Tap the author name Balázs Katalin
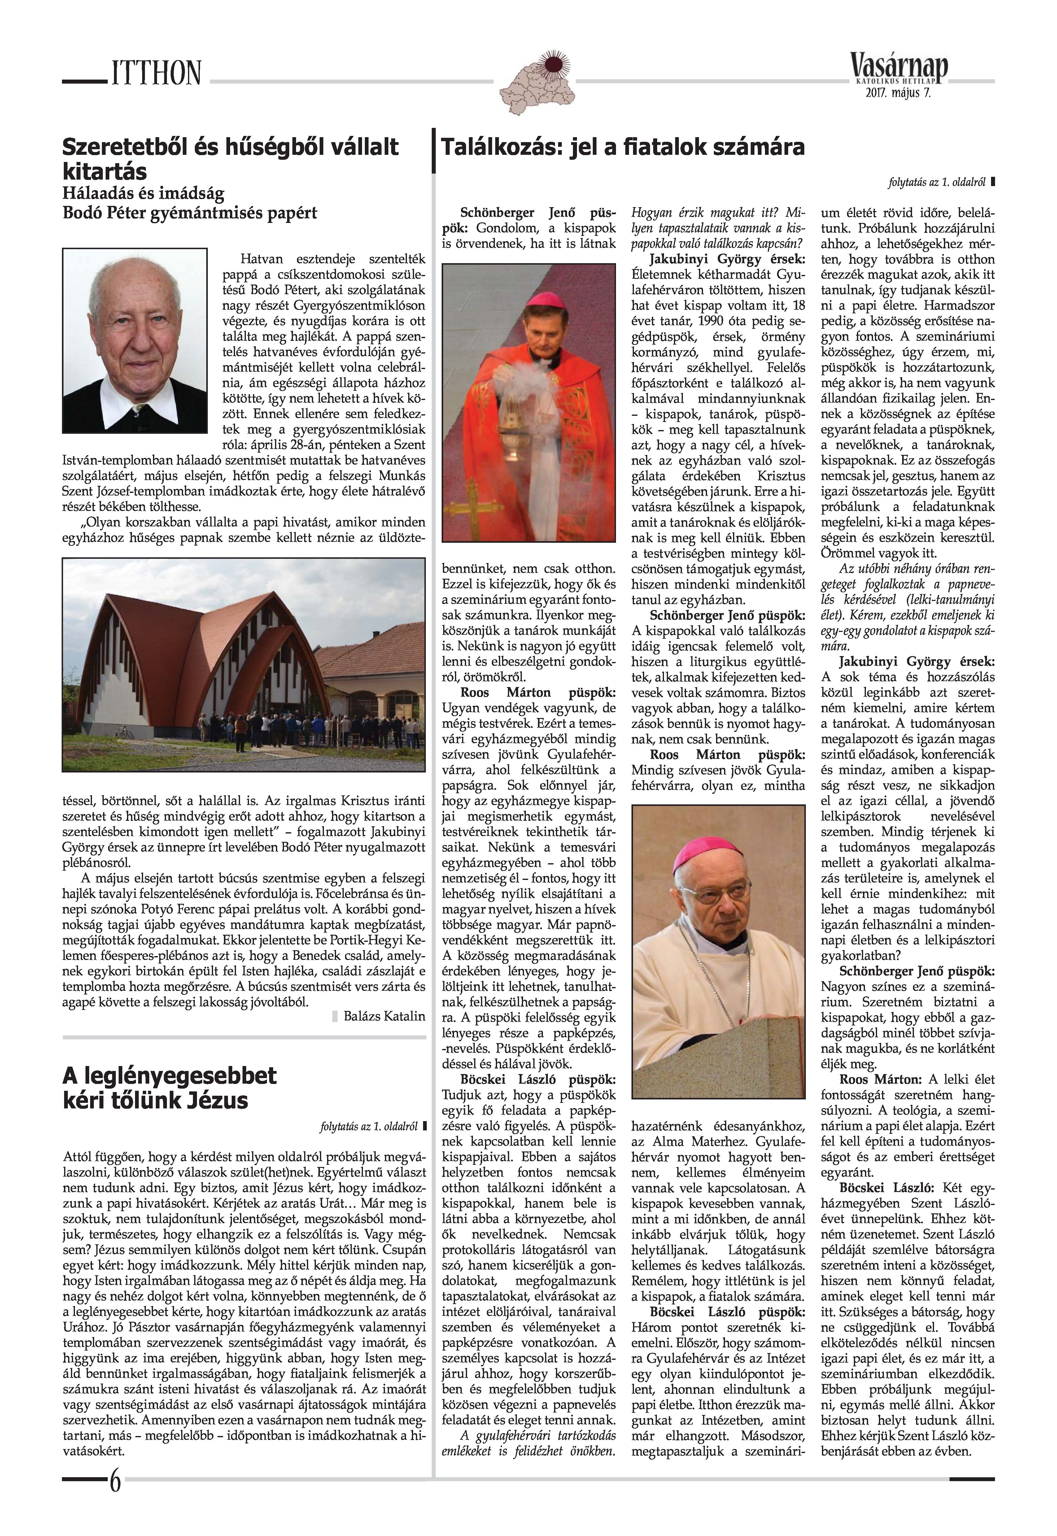click(x=384, y=1016)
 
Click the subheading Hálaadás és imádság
click(x=143, y=194)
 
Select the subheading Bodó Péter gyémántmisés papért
click(x=190, y=213)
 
